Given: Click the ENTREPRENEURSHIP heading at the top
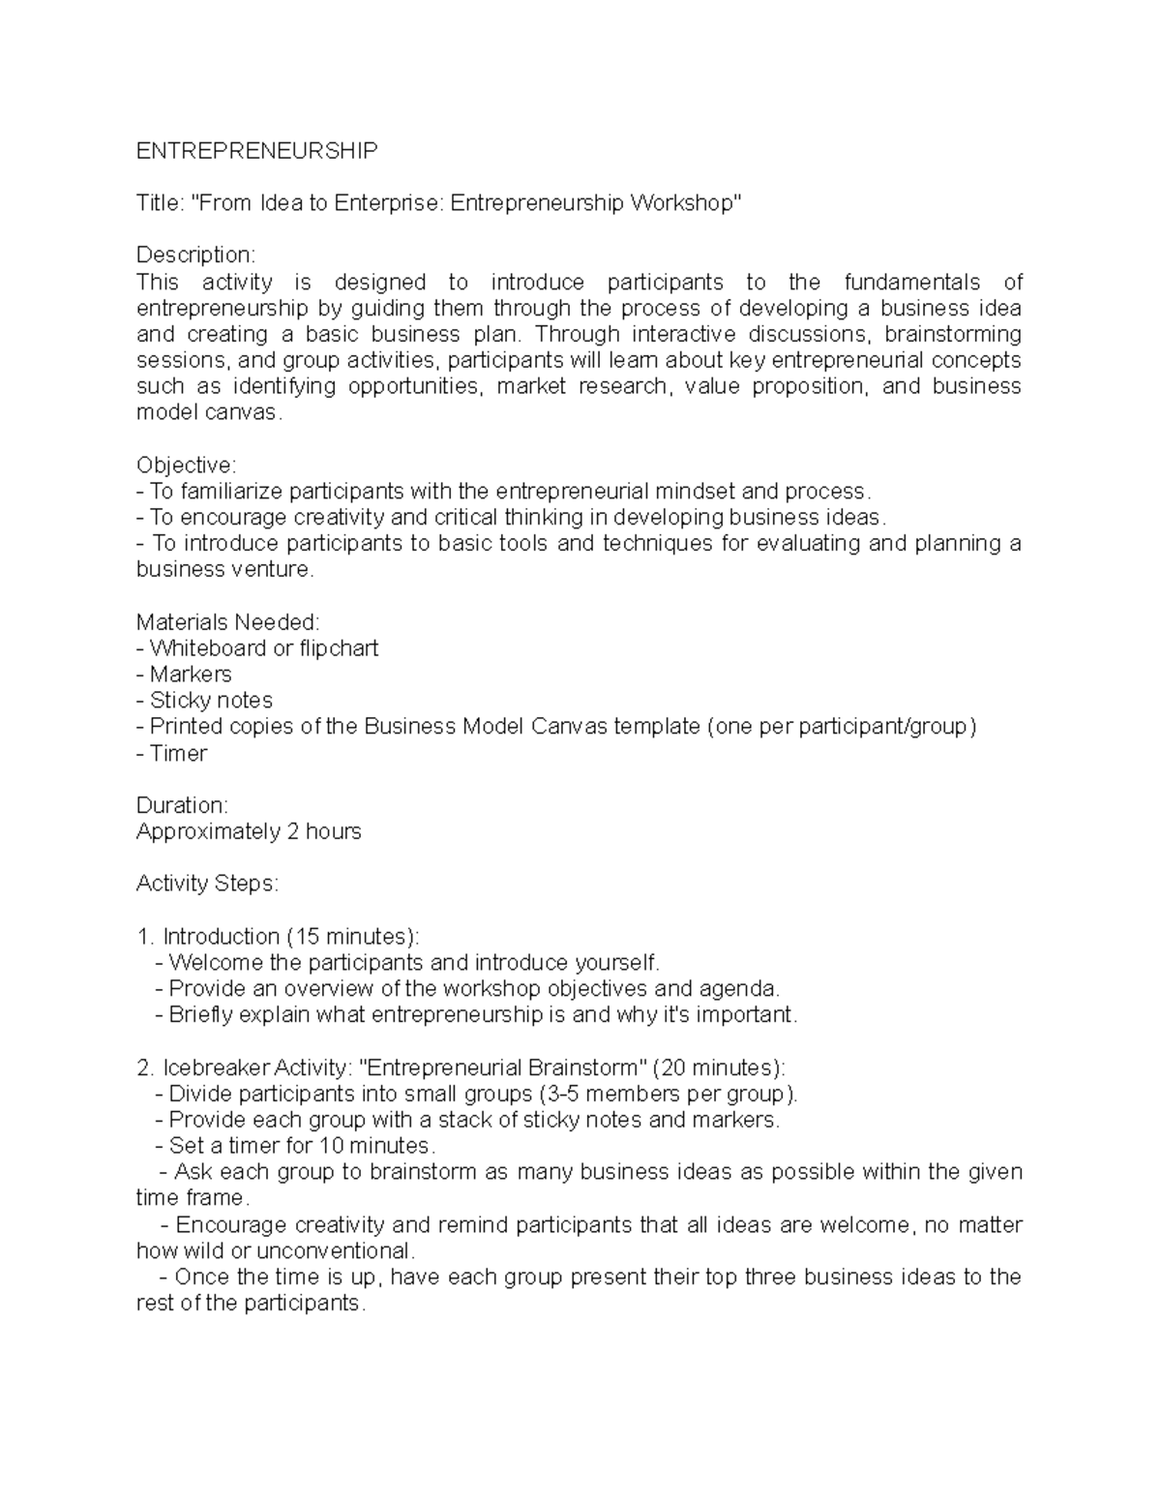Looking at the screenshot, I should [256, 151].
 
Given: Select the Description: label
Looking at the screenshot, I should [195, 256].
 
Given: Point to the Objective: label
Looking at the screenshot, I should [186, 465].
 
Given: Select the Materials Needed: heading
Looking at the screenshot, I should [227, 622].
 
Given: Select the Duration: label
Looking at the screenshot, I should [182, 805].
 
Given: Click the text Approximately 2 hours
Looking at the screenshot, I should [249, 831].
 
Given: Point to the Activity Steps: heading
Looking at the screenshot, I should [207, 884].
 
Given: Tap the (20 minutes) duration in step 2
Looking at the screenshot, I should [718, 1067].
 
